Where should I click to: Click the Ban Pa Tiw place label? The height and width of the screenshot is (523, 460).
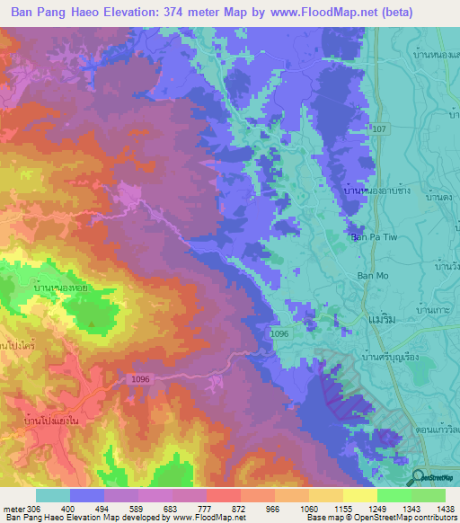click(372, 237)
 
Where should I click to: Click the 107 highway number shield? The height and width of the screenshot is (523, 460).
click(379, 129)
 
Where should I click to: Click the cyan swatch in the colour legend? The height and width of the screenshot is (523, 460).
click(53, 495)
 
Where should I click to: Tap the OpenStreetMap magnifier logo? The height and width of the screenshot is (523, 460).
click(418, 476)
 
